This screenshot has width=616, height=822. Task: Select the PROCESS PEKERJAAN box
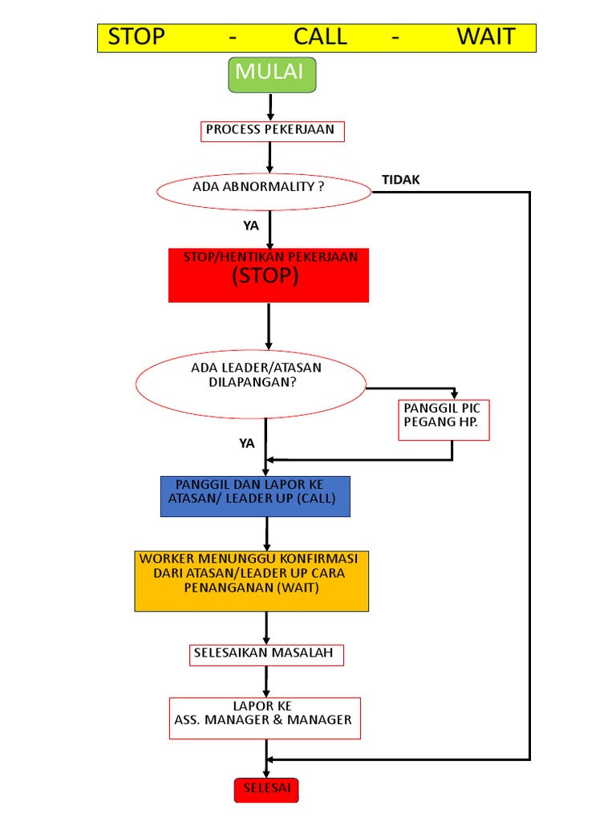click(x=272, y=131)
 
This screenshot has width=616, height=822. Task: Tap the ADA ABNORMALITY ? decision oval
click(x=262, y=191)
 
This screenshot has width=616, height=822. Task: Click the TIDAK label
click(x=400, y=180)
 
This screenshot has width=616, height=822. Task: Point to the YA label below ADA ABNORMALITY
click(x=251, y=226)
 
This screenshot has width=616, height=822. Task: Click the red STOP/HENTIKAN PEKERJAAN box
click(x=269, y=275)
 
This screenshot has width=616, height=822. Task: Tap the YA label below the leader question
click(x=246, y=443)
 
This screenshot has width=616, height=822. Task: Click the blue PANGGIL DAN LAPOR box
click(x=256, y=495)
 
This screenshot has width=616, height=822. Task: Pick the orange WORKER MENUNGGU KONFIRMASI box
click(x=252, y=580)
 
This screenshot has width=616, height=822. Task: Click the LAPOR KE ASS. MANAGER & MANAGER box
click(x=264, y=716)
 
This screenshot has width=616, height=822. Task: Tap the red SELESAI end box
click(x=266, y=789)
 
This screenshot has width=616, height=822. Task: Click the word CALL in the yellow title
click(x=320, y=37)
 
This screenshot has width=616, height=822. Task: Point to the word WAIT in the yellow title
click(x=485, y=37)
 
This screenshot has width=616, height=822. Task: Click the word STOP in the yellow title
click(x=136, y=37)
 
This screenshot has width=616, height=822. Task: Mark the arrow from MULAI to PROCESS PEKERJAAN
click(x=271, y=106)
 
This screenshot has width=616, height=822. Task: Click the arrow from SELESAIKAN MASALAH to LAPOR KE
click(x=266, y=681)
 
